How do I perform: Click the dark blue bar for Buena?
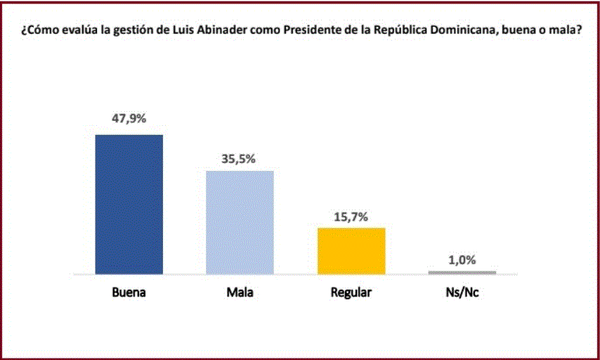[129, 204]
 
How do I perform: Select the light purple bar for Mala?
[240, 222]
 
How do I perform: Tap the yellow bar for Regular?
[351, 250]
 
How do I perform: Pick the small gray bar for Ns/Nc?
[462, 272]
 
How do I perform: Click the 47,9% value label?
[129, 119]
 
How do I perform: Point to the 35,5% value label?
[239, 158]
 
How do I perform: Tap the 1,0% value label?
[462, 259]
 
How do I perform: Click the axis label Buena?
[129, 292]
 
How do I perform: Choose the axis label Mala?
[239, 292]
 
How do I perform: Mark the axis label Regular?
[351, 292]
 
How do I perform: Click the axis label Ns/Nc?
[462, 292]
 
